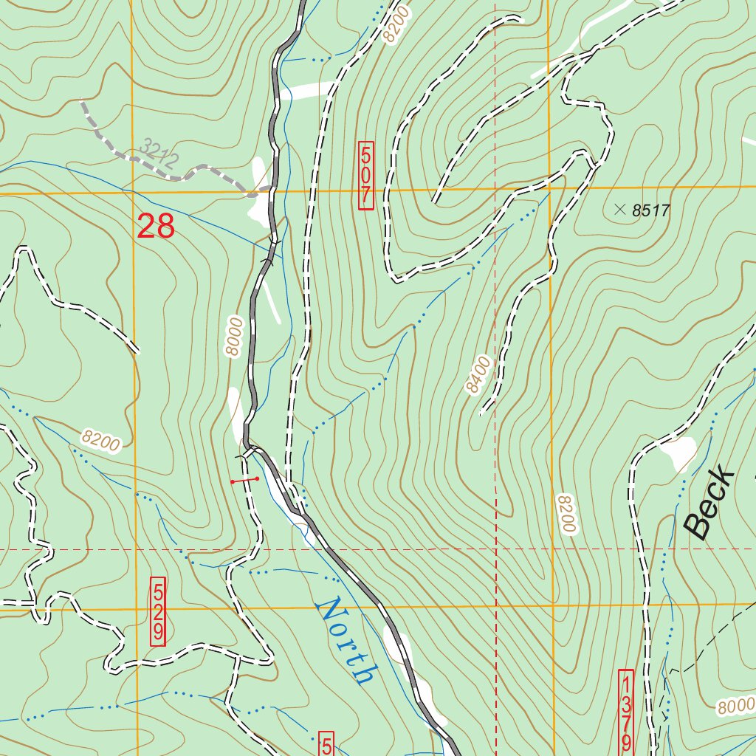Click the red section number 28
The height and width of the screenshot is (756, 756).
click(156, 227)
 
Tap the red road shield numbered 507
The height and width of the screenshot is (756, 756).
click(365, 176)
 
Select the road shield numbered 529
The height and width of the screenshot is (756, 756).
click(158, 612)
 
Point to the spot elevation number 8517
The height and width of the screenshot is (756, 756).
click(650, 211)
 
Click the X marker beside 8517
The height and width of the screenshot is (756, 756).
click(619, 210)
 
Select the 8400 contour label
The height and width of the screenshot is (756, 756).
click(478, 376)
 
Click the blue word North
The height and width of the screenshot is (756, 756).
click(346, 641)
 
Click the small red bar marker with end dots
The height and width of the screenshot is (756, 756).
click(244, 481)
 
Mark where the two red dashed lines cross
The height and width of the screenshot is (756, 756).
click(495, 550)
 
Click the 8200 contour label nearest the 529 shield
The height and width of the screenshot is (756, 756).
click(101, 441)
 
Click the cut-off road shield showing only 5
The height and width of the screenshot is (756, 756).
click(326, 745)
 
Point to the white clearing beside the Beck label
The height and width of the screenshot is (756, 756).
click(679, 452)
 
